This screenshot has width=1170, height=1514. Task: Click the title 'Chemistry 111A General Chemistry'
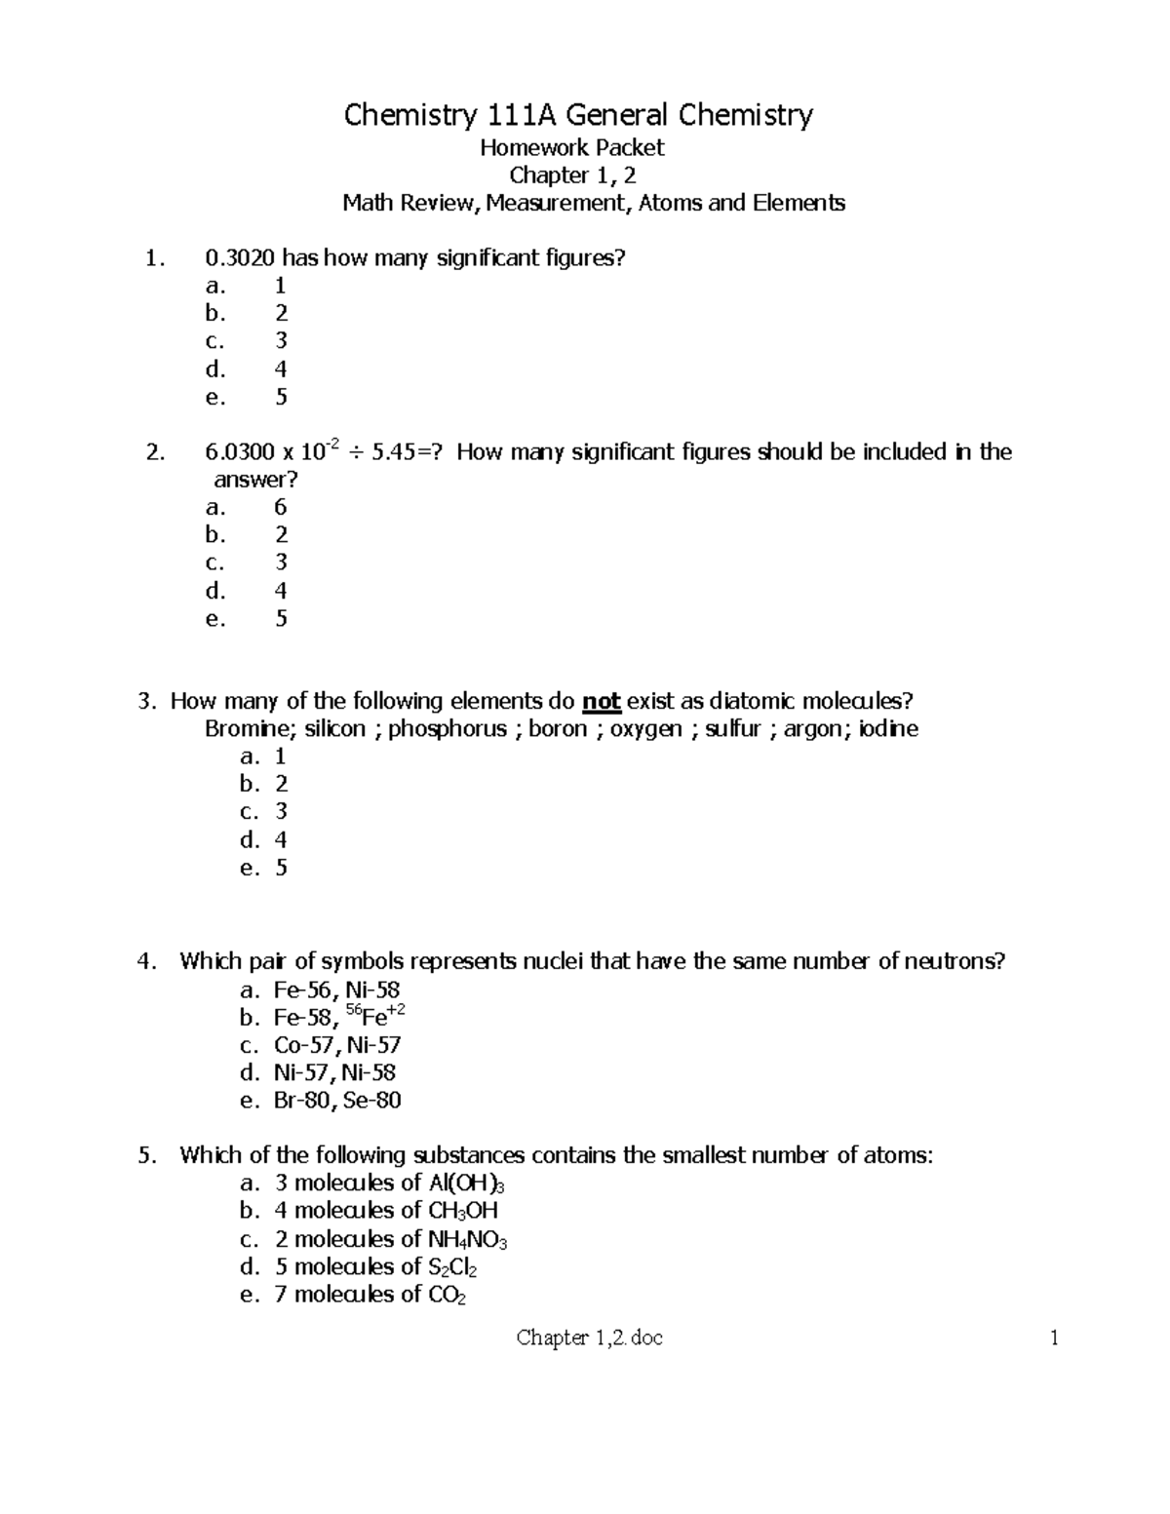pos(577,116)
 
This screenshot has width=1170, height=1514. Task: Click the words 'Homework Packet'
pos(571,148)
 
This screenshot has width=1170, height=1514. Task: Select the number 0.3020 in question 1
pos(240,258)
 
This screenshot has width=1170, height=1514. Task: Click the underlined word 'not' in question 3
pos(601,702)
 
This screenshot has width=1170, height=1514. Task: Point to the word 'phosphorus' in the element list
pos(448,729)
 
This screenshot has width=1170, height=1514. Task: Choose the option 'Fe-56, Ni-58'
pos(336,990)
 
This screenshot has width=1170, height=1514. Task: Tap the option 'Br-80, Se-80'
pos(337,1101)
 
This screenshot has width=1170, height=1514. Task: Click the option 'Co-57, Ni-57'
pos(337,1045)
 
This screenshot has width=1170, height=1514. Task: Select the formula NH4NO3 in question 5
pos(467,1240)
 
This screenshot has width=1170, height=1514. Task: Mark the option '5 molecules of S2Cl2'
pos(375,1267)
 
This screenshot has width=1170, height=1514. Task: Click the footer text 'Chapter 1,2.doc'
pos(590,1339)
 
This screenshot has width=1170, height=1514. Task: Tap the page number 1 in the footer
pos(1054,1339)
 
